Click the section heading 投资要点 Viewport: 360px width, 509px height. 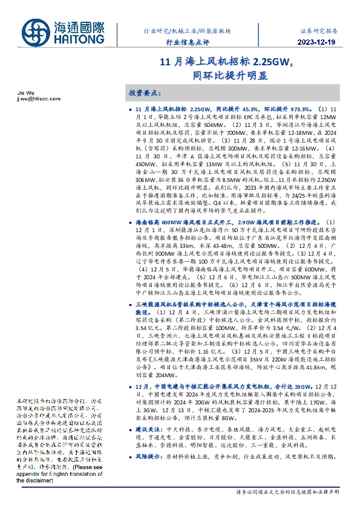coord(145,94)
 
